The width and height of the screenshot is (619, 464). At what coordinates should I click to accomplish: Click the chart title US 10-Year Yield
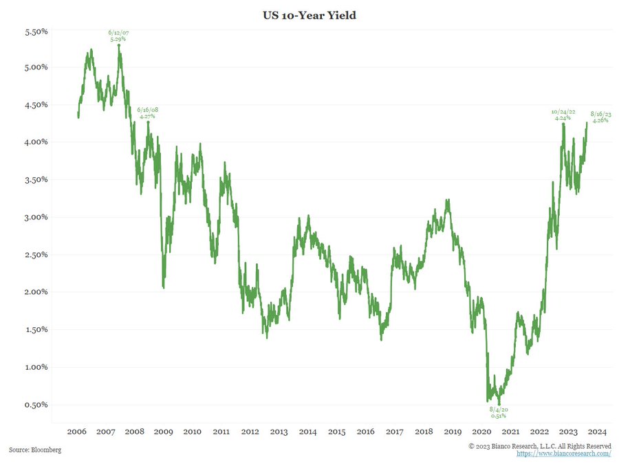click(x=309, y=14)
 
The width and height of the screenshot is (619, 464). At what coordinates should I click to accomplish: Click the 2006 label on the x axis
click(x=76, y=432)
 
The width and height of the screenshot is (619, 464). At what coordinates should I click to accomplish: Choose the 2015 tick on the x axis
click(x=336, y=432)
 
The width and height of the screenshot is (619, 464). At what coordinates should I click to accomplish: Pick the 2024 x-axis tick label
click(x=597, y=432)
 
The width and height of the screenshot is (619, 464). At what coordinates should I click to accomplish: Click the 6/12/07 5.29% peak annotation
click(x=119, y=36)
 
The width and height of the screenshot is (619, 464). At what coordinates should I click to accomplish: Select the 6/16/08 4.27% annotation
click(x=147, y=113)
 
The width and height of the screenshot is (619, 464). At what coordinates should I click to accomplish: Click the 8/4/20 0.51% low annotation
click(x=499, y=412)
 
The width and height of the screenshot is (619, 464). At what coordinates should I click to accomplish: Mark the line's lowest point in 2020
click(x=499, y=404)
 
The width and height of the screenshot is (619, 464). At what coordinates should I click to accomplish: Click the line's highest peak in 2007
click(x=119, y=46)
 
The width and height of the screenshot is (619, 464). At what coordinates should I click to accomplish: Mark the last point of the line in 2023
click(x=587, y=123)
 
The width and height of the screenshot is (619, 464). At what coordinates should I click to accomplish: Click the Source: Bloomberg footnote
click(x=34, y=450)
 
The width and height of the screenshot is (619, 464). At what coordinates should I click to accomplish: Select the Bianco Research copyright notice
click(x=540, y=446)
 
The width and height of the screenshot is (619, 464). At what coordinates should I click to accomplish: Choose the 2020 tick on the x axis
click(x=481, y=432)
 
